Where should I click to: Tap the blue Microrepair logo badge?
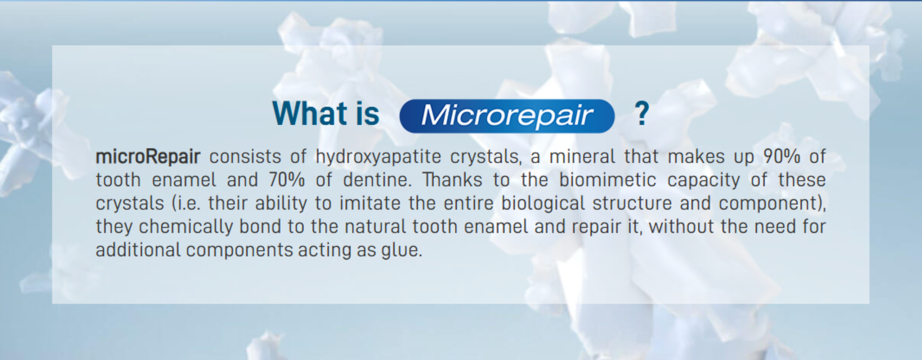pos(507,116)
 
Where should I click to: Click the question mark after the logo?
pos(642,113)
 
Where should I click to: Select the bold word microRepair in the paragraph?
pos(148,157)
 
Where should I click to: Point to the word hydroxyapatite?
pos(378,157)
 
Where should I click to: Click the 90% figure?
pos(782,157)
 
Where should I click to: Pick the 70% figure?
pos(287,180)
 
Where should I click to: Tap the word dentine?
pos(377,180)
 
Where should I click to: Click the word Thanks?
pos(452,180)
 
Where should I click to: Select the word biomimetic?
pos(608,180)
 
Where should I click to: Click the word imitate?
pos(370,203)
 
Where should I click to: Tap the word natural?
pos(375,227)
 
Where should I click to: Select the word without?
pos(681,227)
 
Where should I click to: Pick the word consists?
pos(245,157)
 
